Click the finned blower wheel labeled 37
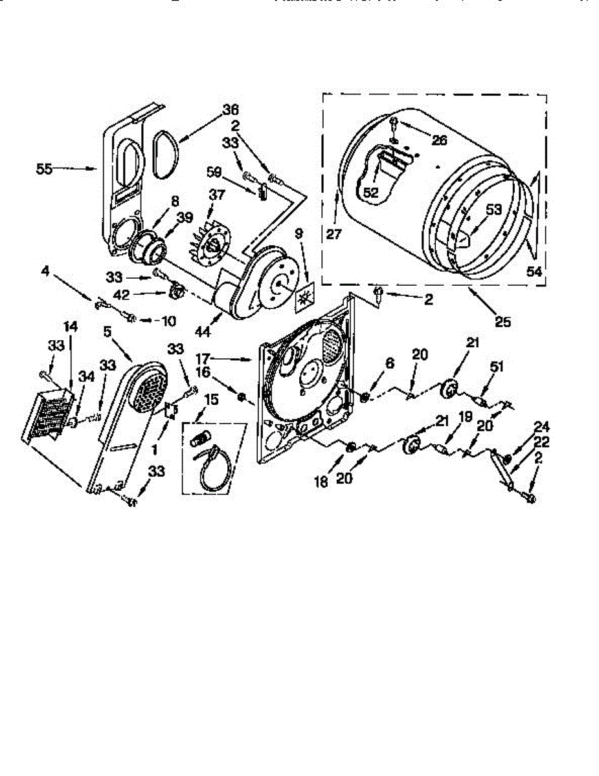point(209,241)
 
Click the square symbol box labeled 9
point(303,298)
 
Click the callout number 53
point(495,209)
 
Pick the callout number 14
point(71,327)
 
